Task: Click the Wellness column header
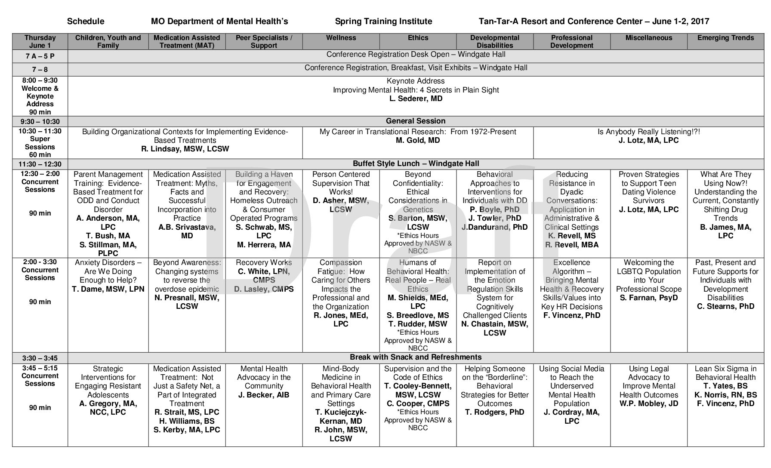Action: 341,38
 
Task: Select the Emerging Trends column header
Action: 725,38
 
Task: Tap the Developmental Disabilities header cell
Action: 495,41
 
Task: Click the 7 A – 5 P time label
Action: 40,56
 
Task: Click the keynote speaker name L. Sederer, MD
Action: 416,99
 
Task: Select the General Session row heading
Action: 416,121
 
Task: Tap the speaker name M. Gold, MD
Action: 418,140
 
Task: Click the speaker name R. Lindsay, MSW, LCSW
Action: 185,149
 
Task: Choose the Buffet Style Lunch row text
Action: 416,163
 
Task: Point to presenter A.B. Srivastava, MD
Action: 187,231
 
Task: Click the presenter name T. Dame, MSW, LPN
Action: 108,289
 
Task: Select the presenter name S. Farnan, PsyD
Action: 648,298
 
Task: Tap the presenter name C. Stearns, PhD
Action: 725,306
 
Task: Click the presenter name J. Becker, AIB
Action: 264,395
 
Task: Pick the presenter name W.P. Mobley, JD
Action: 648,403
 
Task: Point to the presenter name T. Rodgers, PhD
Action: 495,412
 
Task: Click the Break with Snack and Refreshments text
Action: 416,357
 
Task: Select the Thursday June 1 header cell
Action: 40,41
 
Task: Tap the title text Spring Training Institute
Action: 383,22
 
